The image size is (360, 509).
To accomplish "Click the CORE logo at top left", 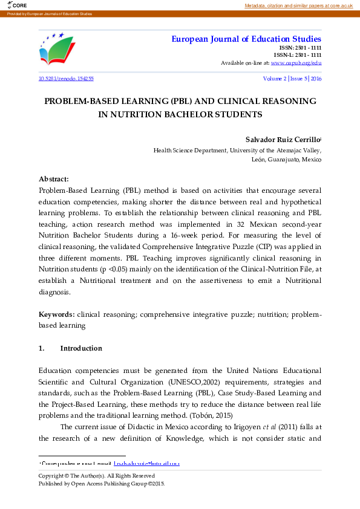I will coord(12,6).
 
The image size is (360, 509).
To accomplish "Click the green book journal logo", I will coord(58,50).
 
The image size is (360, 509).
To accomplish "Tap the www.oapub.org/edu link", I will coord(296,62).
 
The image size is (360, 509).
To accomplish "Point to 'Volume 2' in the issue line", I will coord(274,79).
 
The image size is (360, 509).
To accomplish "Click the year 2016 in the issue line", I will coord(316,79).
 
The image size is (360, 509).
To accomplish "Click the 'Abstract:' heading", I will coord(54,179).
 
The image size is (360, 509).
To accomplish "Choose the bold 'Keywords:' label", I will coord(57,314).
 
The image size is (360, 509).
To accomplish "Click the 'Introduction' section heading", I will coord(81,348).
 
